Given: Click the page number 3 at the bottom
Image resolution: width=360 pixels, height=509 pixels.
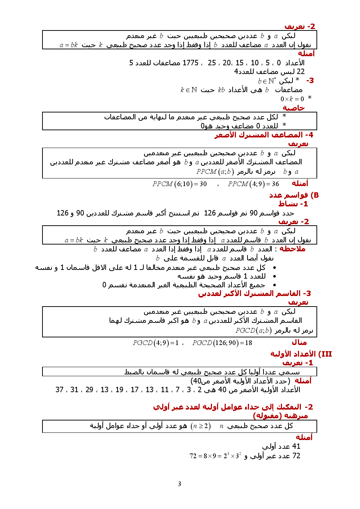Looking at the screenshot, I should (x=179, y=484).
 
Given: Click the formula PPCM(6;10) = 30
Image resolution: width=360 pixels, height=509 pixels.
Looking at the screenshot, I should (x=179, y=184).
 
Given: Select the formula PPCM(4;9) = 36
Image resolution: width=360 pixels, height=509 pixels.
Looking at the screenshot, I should (x=253, y=184).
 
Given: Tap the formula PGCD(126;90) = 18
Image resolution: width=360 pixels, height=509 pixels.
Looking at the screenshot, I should (x=222, y=343).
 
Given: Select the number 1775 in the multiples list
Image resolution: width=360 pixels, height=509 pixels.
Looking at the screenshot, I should (x=191, y=63).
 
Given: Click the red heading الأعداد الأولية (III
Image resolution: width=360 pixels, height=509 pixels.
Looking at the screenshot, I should (x=301, y=354).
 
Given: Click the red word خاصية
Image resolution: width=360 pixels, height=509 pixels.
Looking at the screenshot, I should (x=294, y=108).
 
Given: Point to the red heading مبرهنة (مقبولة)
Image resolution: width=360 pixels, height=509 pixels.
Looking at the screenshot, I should (x=280, y=415).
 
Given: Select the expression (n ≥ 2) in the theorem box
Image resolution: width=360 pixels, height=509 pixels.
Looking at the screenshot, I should (x=200, y=426).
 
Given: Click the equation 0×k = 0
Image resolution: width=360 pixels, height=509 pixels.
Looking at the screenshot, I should (x=292, y=99).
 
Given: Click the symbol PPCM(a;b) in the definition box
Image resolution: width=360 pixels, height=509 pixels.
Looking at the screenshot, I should (x=215, y=171).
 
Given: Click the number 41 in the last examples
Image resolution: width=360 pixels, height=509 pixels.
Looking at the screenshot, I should (x=296, y=446).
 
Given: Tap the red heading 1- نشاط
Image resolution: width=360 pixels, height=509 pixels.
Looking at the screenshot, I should (x=293, y=204).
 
